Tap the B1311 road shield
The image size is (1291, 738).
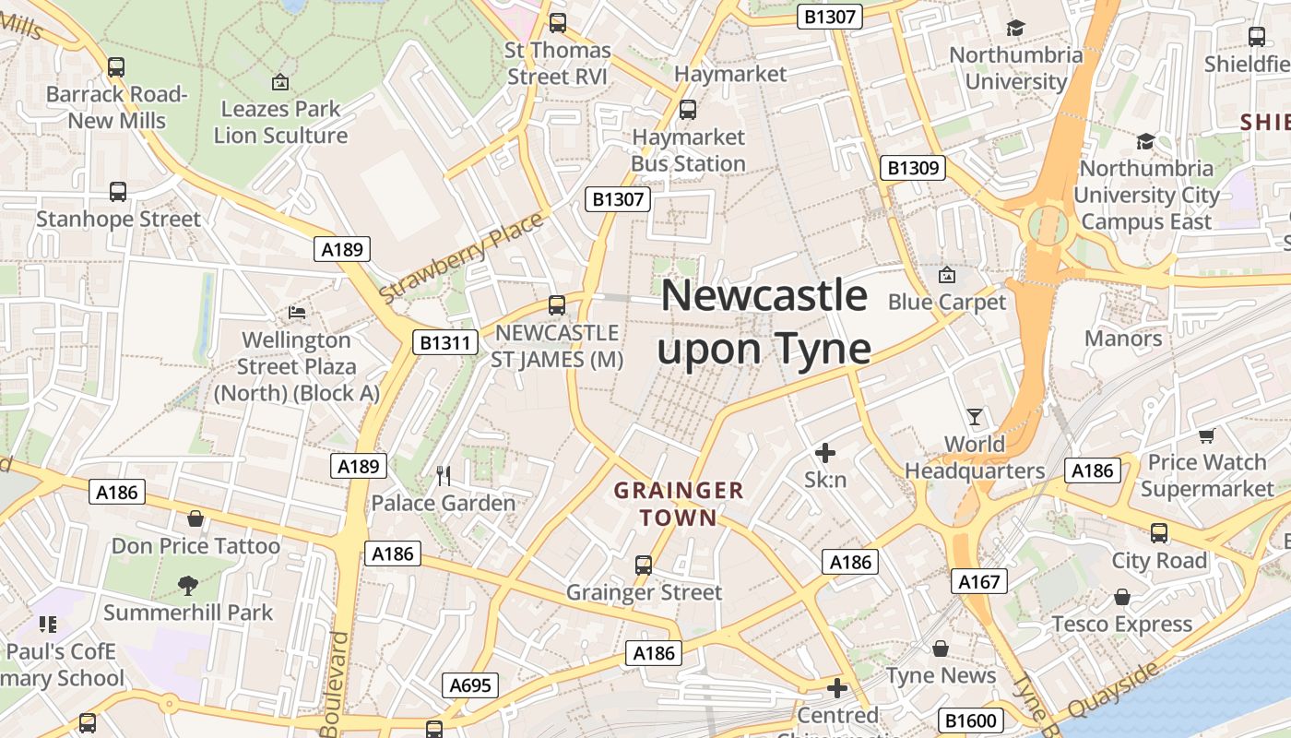(444, 343)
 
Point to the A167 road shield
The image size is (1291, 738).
(978, 581)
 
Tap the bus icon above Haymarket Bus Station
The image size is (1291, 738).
(687, 110)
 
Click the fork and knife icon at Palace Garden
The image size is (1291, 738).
(444, 476)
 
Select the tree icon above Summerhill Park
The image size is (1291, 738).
(188, 585)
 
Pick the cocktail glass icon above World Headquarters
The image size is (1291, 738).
(974, 417)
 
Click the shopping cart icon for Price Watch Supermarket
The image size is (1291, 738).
(1206, 435)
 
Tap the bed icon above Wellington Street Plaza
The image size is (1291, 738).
(297, 313)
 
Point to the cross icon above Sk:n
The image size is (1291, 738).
(825, 453)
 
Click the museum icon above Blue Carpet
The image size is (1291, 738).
(946, 275)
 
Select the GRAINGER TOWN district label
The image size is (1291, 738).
(679, 504)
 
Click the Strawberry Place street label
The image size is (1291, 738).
(461, 259)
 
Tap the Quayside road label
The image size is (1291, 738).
(1112, 690)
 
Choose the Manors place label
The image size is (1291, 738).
(1122, 339)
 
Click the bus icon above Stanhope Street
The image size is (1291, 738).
(117, 192)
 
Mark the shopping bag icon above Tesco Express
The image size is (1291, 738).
(1121, 597)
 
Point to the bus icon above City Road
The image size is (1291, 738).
(1158, 533)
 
